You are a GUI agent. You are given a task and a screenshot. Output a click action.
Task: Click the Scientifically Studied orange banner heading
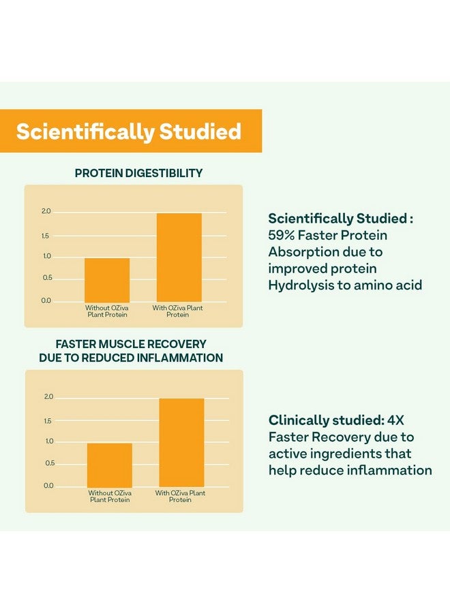(129, 131)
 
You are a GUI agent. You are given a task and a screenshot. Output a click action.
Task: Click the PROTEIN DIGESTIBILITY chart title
(138, 174)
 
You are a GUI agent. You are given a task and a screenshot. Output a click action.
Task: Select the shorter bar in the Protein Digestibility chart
(107, 280)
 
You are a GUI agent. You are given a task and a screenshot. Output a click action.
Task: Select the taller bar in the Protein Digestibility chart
(179, 257)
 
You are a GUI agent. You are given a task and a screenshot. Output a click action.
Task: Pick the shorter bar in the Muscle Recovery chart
(110, 465)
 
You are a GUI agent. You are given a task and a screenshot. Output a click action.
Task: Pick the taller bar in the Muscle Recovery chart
(182, 443)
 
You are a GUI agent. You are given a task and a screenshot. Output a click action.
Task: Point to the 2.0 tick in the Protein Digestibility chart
(46, 212)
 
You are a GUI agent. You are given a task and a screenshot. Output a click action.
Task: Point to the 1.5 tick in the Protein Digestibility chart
(46, 236)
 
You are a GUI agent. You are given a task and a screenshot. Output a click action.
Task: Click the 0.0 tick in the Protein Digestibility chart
(46, 300)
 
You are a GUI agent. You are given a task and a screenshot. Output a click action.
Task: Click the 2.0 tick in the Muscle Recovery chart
(49, 397)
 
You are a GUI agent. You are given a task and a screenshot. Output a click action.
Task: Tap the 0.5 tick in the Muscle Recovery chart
(49, 463)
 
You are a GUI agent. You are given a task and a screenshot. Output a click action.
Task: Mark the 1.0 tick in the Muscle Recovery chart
(49, 441)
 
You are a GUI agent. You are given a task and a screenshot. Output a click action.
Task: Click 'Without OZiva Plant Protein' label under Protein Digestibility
(107, 311)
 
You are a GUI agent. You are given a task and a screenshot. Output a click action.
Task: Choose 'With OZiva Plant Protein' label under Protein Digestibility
(178, 311)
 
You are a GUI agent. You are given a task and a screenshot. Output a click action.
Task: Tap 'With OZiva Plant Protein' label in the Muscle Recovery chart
(181, 496)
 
